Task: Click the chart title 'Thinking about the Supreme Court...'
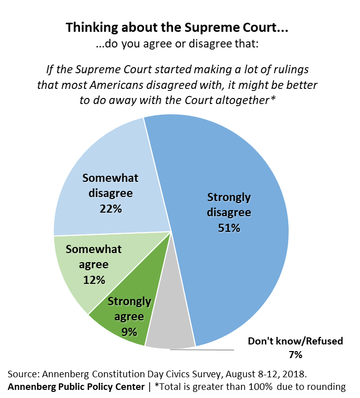point(176,28)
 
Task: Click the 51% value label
point(229,228)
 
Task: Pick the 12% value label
point(94,279)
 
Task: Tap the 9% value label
point(129,332)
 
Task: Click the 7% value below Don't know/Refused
point(295,355)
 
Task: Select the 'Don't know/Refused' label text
point(295,341)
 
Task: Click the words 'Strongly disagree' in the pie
point(229,205)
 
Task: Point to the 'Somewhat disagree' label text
point(110,185)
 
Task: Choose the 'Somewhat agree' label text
point(94,257)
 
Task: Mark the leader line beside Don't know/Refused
point(202,349)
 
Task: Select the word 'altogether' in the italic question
point(242,99)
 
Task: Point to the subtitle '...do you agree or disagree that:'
point(177,44)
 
